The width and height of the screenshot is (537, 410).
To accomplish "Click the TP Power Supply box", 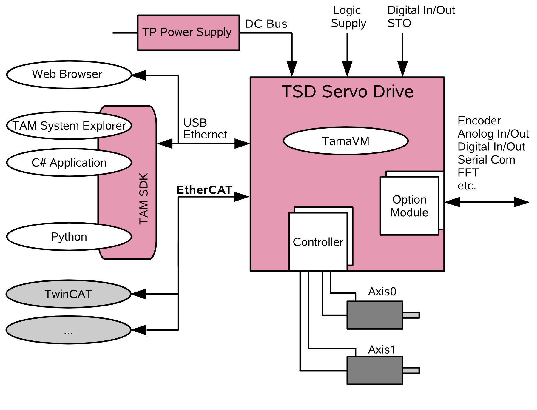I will [188, 33].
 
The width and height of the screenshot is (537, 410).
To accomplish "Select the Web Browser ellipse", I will [69, 75].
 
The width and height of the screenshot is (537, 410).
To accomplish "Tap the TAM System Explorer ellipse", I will [69, 126].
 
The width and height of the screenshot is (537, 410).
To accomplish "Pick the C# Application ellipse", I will [69, 163].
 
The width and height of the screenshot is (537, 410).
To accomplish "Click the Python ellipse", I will [69, 237].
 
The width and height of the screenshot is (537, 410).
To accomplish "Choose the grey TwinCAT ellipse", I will [68, 294].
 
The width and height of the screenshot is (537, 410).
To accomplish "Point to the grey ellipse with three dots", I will [68, 330].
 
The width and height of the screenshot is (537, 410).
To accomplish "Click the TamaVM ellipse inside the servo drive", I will [345, 141].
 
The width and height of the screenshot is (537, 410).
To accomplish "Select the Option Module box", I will [409, 206].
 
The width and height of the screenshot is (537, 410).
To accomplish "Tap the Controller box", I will [318, 242].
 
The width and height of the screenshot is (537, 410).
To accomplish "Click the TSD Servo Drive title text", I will [347, 92].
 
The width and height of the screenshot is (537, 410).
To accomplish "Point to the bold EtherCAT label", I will [204, 190].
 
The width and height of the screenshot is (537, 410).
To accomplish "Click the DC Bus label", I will [266, 24].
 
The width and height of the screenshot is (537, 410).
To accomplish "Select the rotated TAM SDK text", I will [144, 198].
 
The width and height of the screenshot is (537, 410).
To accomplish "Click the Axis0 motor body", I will [375, 315].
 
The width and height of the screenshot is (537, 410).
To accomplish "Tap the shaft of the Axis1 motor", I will [411, 370].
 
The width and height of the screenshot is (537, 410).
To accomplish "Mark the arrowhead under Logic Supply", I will [347, 69].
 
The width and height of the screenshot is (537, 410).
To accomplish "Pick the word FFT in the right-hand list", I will [468, 173].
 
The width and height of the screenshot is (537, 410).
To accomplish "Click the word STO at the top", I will [399, 23].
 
